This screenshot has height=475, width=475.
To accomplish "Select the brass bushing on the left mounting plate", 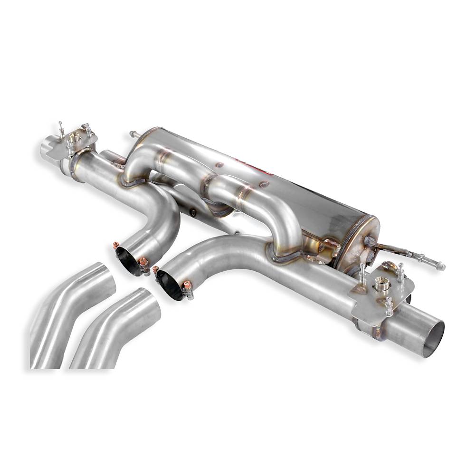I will [75, 139].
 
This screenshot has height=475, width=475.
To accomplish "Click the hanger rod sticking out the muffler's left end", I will [132, 135].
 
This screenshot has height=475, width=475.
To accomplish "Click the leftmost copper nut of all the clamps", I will [114, 246].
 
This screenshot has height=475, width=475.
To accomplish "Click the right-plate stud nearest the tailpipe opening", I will [389, 304].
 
